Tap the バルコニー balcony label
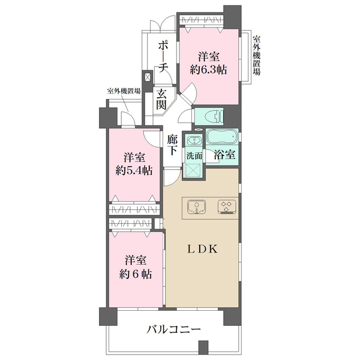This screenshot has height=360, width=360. point(174,329)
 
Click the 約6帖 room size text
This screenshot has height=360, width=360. point(135,274)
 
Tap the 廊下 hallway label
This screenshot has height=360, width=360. point(172,146)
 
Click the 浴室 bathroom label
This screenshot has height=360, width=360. point(224,154)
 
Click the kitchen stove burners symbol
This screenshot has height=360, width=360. point(226,207)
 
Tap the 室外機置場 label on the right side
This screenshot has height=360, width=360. point(256,54)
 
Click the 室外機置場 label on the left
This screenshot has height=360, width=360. point(124,91)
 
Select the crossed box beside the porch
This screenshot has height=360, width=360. point(147,77)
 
